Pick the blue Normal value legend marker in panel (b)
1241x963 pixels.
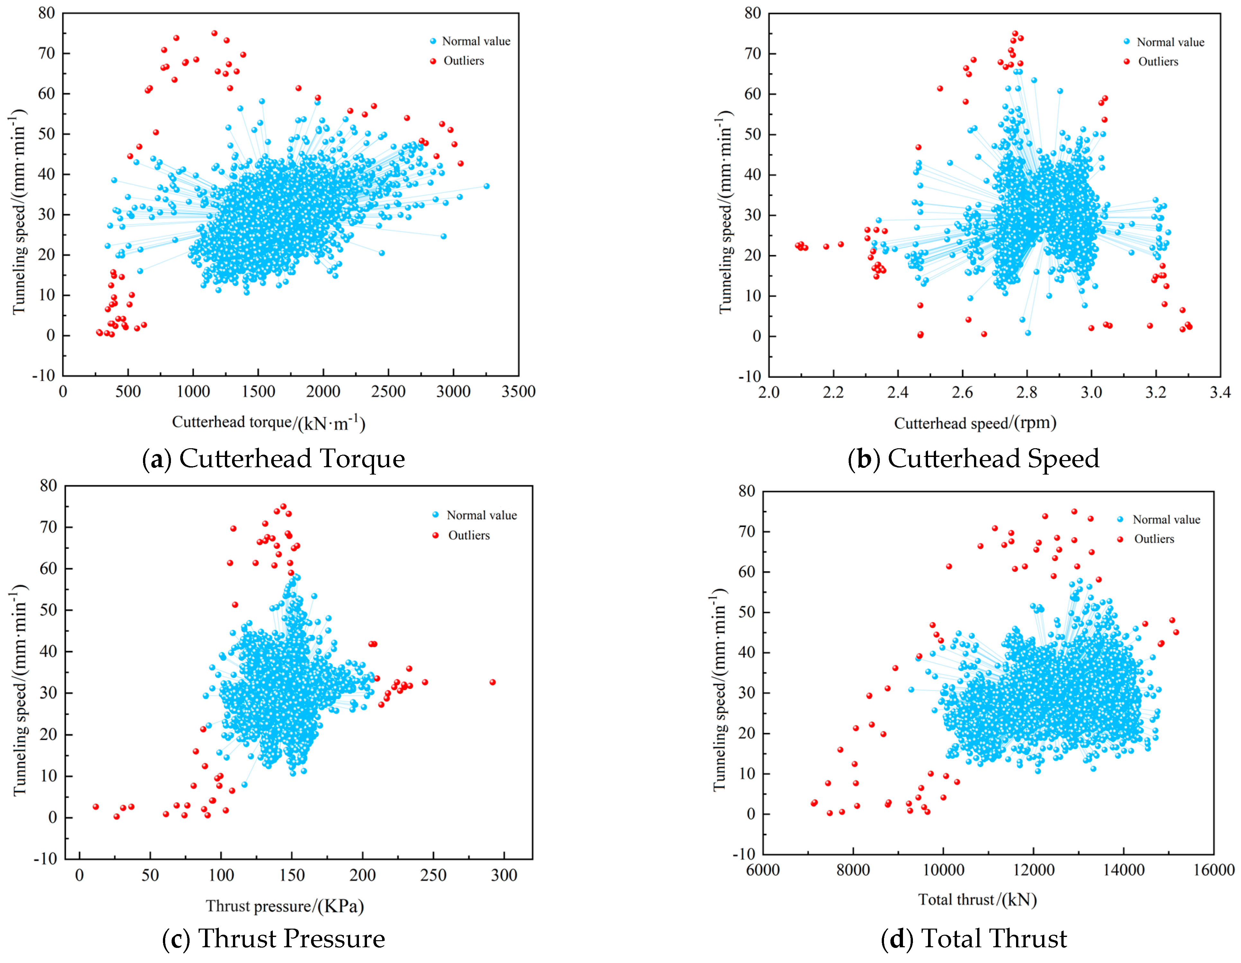coord(1127,41)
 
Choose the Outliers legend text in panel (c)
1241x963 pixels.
coord(469,535)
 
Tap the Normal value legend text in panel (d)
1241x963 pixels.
coord(1166,519)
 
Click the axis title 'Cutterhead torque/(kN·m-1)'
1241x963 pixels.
coord(268,423)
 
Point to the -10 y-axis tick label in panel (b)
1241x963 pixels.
coord(749,377)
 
